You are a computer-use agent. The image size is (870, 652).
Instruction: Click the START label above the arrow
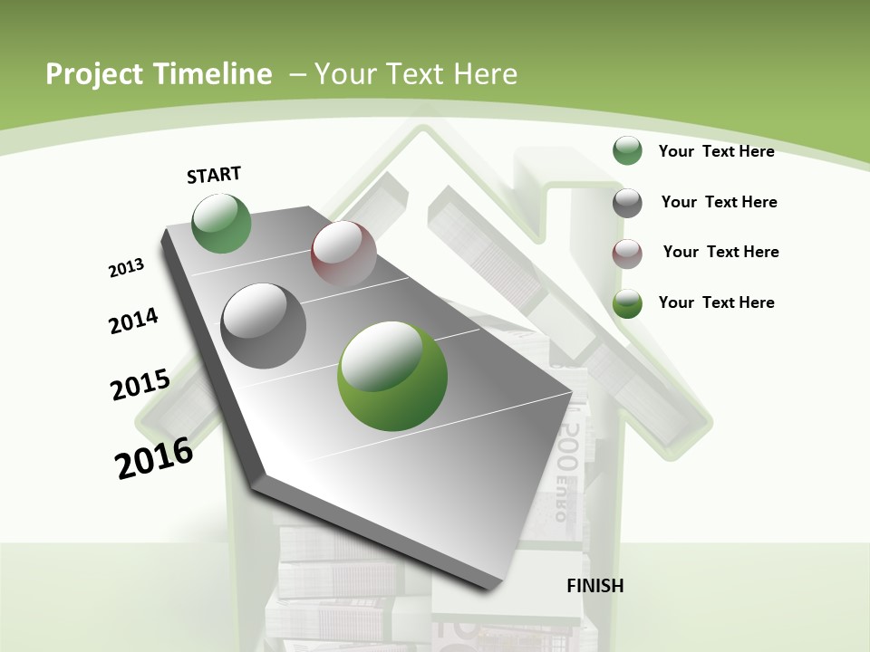click(x=214, y=175)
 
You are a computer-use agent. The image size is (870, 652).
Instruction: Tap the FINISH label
click(x=595, y=586)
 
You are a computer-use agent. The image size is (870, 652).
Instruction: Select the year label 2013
click(x=126, y=268)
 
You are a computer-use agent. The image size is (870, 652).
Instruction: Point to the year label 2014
click(x=133, y=321)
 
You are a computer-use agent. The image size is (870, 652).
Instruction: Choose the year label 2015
click(x=140, y=384)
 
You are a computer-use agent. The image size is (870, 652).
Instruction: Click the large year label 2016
click(x=154, y=458)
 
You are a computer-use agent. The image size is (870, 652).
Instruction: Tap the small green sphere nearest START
click(x=222, y=224)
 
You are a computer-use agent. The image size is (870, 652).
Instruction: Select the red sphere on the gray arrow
click(x=343, y=254)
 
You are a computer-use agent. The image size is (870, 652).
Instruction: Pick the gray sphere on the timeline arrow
click(x=264, y=326)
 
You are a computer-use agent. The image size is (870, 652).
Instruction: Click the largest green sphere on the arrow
click(x=392, y=376)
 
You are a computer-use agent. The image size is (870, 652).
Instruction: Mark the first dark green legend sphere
click(x=627, y=150)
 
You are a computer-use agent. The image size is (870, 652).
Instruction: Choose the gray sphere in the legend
click(x=627, y=202)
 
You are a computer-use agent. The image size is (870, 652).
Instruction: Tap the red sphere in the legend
click(x=627, y=253)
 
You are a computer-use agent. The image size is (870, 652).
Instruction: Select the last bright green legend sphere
click(x=627, y=303)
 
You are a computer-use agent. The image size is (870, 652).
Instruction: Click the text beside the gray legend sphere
click(x=719, y=202)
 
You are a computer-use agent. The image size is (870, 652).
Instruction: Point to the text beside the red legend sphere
click(x=720, y=252)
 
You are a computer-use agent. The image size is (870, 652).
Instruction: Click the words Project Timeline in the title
click(x=159, y=74)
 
